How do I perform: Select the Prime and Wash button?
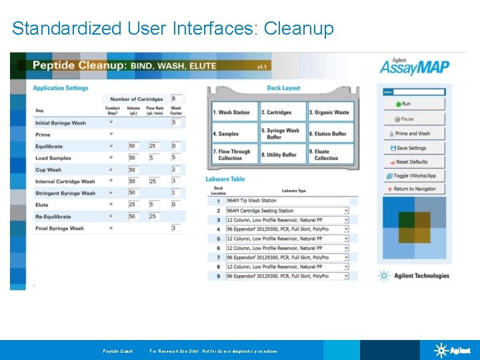pos(414,133)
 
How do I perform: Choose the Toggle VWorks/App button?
pos(414,176)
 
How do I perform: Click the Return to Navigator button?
pos(414,189)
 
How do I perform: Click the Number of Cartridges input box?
pos(177,99)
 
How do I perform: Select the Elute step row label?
pos(42,205)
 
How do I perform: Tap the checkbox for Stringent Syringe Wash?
pos(111,193)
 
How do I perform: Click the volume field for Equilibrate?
pos(134,146)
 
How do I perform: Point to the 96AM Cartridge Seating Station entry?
pos(260,210)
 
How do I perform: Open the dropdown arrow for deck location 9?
pos(346,276)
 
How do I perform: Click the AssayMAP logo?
pos(414,67)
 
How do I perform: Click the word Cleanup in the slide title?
pos(299,29)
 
